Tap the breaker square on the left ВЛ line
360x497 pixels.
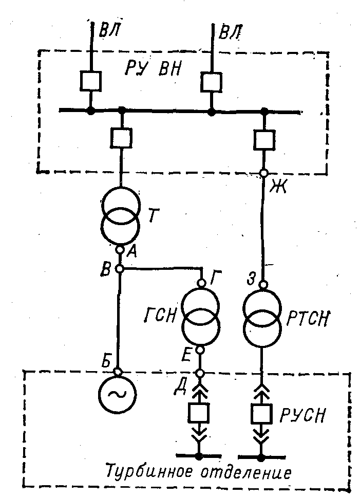(90, 81)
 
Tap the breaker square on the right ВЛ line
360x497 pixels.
(211, 81)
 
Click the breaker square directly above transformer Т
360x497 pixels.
(121, 137)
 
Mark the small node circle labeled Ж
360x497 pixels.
(264, 173)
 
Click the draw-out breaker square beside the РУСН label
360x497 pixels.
(261, 412)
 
